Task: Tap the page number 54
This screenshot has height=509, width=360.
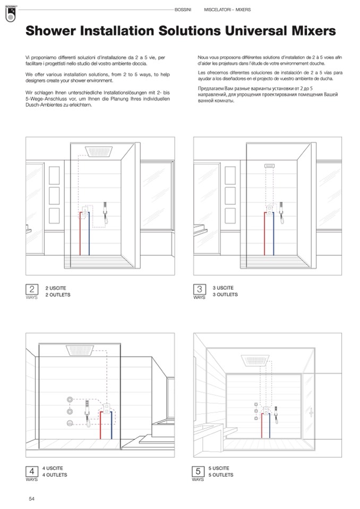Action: [x=32, y=498]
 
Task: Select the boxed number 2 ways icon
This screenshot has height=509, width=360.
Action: [x=32, y=289]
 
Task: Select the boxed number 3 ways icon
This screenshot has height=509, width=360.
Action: [x=200, y=289]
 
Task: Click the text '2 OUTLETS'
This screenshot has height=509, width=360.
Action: [x=58, y=295]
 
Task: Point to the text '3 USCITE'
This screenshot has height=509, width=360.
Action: [x=223, y=288]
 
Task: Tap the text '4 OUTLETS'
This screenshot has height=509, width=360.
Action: [x=55, y=475]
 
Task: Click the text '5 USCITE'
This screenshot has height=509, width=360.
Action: [x=219, y=468]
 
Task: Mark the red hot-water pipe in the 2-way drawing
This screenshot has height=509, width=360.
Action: [x=80, y=234]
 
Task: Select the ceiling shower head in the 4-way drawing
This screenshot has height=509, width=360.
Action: [x=81, y=351]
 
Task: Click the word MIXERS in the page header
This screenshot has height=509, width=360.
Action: [x=243, y=10]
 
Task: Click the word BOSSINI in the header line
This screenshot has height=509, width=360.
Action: [x=183, y=10]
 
